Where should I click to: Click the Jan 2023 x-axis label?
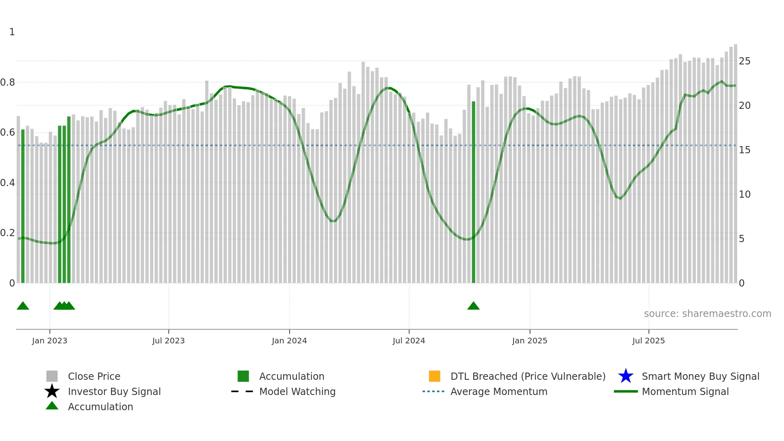coord(50,341)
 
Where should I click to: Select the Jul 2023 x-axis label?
coord(168,341)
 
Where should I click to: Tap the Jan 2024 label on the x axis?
coord(289,341)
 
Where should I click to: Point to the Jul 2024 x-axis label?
coord(409,341)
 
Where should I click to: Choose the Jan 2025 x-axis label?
coord(530,341)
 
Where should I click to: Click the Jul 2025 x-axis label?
coord(648,341)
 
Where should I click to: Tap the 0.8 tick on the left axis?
coord(8,82)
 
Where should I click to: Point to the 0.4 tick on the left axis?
coord(8,183)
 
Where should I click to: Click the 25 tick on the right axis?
coord(744,61)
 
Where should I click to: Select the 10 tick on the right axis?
coord(744,194)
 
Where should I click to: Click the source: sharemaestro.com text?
coord(707,314)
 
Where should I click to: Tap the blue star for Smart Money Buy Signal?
coord(626,376)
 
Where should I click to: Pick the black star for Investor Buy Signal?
coord(52,391)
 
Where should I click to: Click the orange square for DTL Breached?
coord(434,376)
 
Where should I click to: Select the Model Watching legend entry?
coord(297,391)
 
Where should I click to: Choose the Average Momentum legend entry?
coord(499,391)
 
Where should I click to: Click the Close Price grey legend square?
coord(52,376)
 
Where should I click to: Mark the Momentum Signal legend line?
coord(626,391)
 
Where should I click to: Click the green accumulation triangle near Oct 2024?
coord(474,306)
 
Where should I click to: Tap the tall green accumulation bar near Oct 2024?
coord(474,192)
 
